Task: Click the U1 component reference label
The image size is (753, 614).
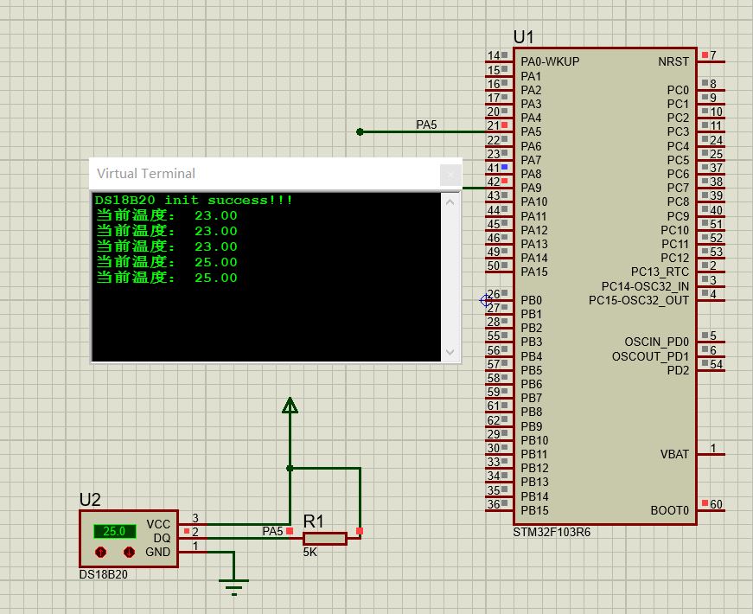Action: click(524, 37)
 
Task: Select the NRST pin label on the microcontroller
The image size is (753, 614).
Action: click(673, 62)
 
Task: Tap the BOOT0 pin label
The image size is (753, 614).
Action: click(670, 510)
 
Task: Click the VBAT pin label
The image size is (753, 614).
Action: click(674, 454)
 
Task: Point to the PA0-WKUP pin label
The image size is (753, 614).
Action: click(550, 62)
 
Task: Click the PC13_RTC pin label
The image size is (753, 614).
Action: click(660, 272)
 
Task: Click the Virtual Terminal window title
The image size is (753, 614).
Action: click(146, 173)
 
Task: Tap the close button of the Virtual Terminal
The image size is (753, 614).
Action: click(450, 174)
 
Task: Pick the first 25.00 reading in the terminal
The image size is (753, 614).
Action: click(215, 262)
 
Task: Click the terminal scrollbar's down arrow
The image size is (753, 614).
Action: click(450, 352)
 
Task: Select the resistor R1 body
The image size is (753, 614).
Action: click(325, 539)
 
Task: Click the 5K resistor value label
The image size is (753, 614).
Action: click(309, 553)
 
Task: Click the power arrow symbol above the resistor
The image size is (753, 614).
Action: click(290, 406)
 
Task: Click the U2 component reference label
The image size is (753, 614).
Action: click(90, 500)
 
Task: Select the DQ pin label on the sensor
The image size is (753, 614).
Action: click(162, 538)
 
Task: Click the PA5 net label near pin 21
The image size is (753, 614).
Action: click(426, 125)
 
